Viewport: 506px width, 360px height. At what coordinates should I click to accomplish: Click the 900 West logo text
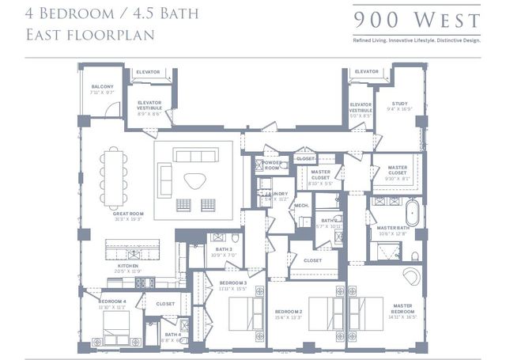[x=416, y=19]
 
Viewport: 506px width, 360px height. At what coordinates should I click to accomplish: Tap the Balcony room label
[x=103, y=89]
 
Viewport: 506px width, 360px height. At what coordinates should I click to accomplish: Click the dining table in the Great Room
[x=113, y=172]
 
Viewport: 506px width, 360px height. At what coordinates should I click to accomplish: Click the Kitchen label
[x=127, y=267]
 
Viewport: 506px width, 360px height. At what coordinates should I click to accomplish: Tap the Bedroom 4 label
[x=112, y=301]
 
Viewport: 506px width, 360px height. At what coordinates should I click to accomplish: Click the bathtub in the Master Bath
[x=411, y=213]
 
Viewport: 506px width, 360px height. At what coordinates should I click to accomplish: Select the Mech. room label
[x=301, y=206]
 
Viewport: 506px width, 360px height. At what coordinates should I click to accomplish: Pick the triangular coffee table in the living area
[x=194, y=180]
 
